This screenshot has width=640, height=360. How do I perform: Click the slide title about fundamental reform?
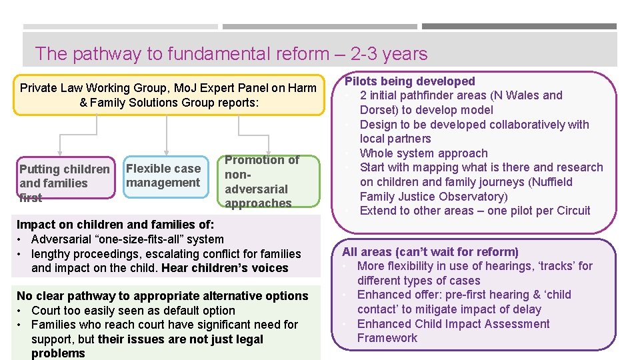(x=231, y=53)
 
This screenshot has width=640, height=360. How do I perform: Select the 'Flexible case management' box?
(x=163, y=176)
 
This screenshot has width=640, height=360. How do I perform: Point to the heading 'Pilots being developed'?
(x=409, y=81)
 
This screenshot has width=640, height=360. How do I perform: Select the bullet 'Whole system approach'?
(x=423, y=153)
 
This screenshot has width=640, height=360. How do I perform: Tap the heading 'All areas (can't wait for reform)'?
(x=430, y=252)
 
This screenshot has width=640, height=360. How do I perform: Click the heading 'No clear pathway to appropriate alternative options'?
(x=162, y=296)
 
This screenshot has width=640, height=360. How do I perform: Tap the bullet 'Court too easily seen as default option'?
(x=133, y=311)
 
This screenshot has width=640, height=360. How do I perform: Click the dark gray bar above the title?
(x=519, y=27)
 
